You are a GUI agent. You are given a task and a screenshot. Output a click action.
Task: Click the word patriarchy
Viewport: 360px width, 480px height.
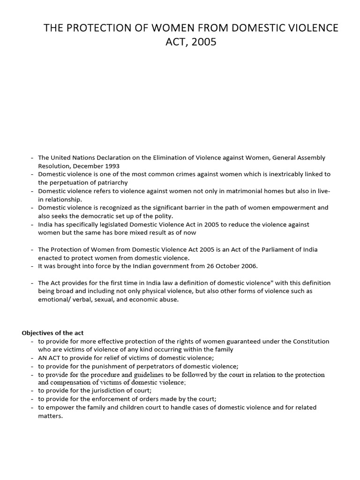(106, 182)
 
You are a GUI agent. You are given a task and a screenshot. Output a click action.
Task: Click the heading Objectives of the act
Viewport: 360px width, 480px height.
(52, 333)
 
